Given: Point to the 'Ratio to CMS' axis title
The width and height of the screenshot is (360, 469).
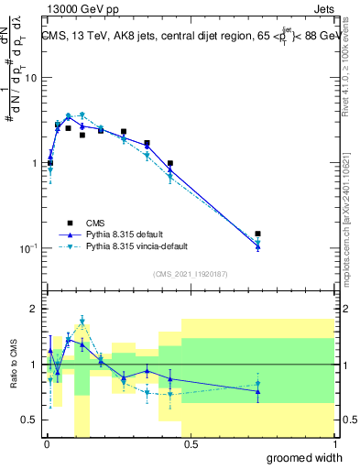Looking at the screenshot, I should [x=13, y=365].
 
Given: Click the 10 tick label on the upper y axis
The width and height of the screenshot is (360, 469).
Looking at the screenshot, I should [x=28, y=78].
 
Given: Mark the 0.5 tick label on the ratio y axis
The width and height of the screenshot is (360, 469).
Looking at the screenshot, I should [x=28, y=420].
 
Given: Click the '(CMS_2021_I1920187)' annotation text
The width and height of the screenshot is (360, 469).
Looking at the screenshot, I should [x=190, y=273].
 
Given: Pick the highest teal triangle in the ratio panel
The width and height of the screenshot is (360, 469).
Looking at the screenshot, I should [x=82, y=321].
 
